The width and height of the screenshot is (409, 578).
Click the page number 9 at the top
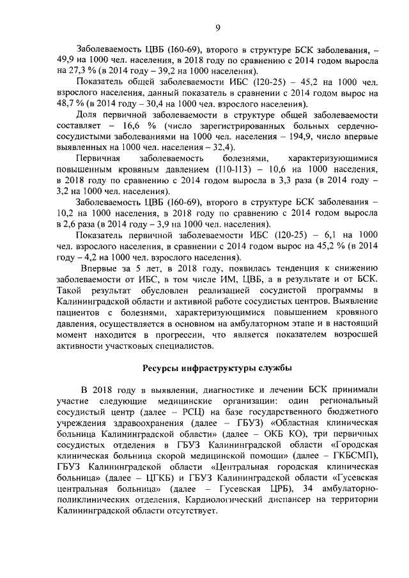click(x=217, y=27)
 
